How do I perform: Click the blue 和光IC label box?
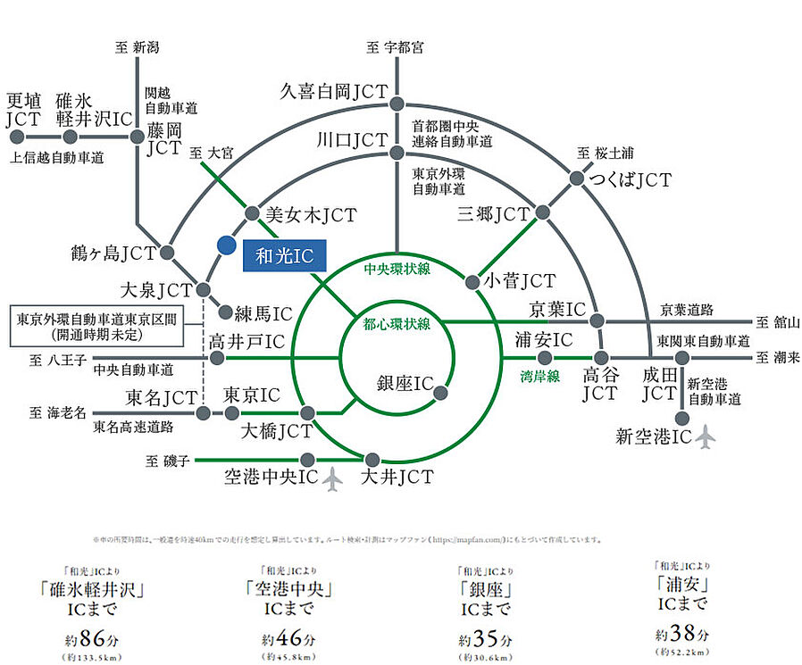(x=285, y=255)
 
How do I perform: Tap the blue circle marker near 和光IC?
(x=226, y=244)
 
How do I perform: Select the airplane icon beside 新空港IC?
(x=706, y=437)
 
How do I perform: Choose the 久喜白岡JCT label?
(x=332, y=91)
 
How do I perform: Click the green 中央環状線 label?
(x=397, y=268)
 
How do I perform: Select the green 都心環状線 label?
(x=397, y=323)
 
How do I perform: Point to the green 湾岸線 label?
(x=541, y=377)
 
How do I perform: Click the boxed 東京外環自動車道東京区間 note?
(x=96, y=327)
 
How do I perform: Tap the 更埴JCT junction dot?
(x=15, y=137)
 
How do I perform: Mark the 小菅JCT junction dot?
(x=471, y=281)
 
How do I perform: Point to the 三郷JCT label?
(x=492, y=214)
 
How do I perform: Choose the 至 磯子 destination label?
(x=166, y=461)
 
